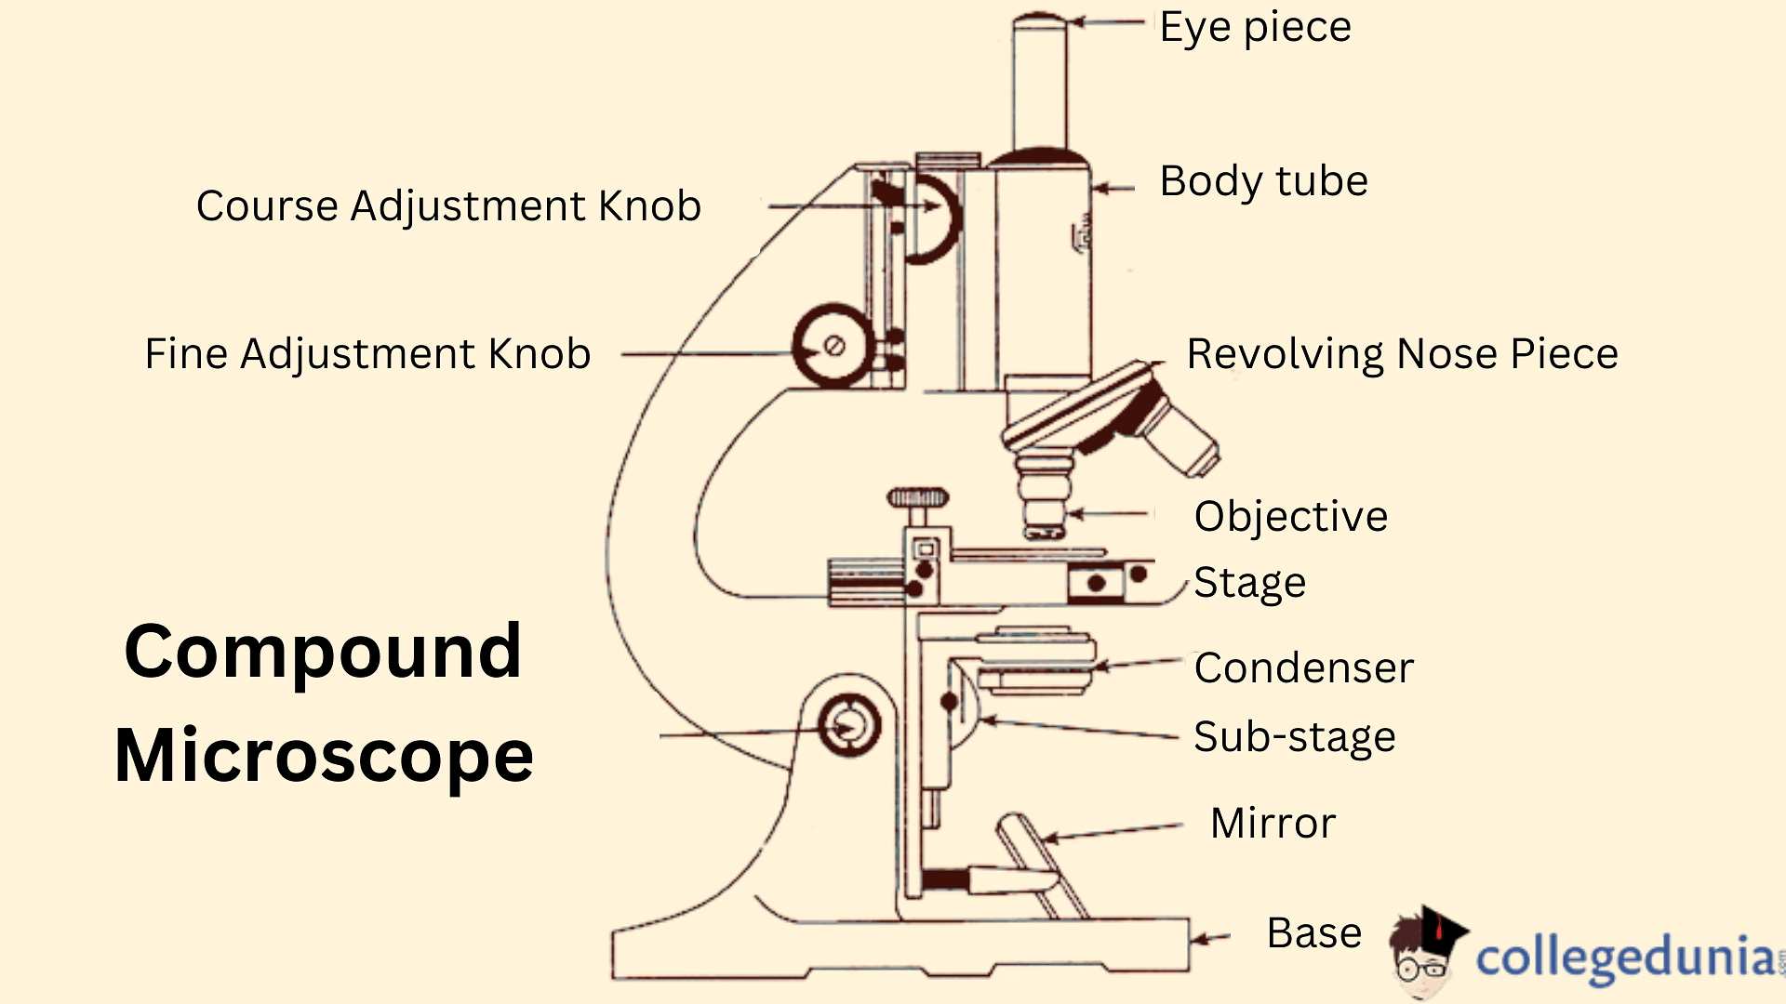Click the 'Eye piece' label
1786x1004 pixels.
click(1255, 28)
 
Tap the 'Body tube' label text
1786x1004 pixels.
click(1263, 181)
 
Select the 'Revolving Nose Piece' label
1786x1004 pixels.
click(1402, 354)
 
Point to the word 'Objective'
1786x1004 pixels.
click(1290, 517)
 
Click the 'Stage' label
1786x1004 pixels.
click(1249, 584)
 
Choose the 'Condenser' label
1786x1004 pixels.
click(1303, 668)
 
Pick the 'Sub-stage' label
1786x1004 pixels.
click(1294, 737)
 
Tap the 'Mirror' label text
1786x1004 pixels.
click(1273, 824)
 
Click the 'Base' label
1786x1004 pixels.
click(1313, 933)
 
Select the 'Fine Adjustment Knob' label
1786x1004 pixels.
click(367, 354)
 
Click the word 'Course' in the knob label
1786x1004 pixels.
click(266, 206)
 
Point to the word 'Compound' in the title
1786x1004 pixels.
click(323, 652)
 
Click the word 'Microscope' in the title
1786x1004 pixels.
click(324, 756)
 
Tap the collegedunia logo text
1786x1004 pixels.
click(1623, 958)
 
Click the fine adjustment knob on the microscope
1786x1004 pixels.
click(833, 346)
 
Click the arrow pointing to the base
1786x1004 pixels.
click(1210, 938)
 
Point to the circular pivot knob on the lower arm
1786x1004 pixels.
click(848, 726)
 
